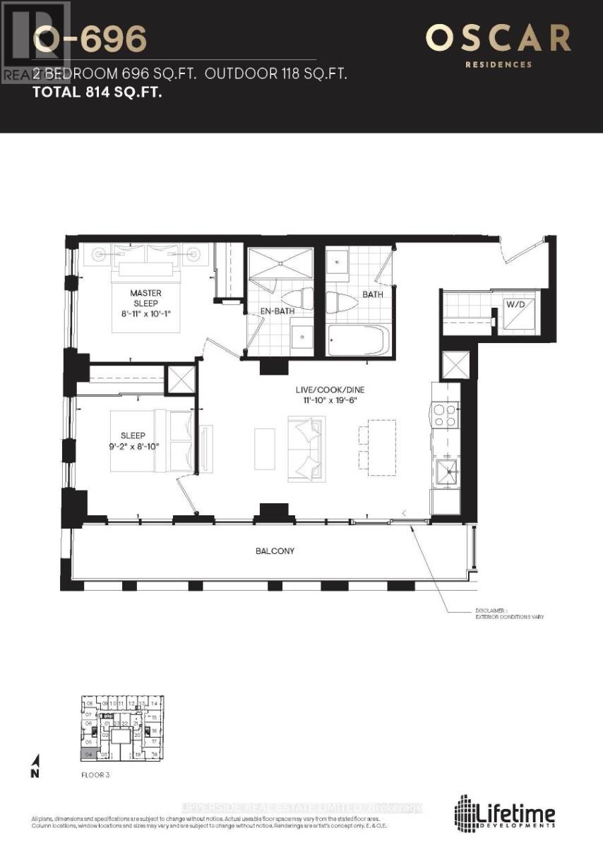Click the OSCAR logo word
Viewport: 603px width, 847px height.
(498, 38)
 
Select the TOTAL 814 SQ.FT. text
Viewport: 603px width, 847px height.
(97, 91)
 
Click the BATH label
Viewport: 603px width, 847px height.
(372, 294)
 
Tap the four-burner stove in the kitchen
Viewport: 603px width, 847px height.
(446, 415)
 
